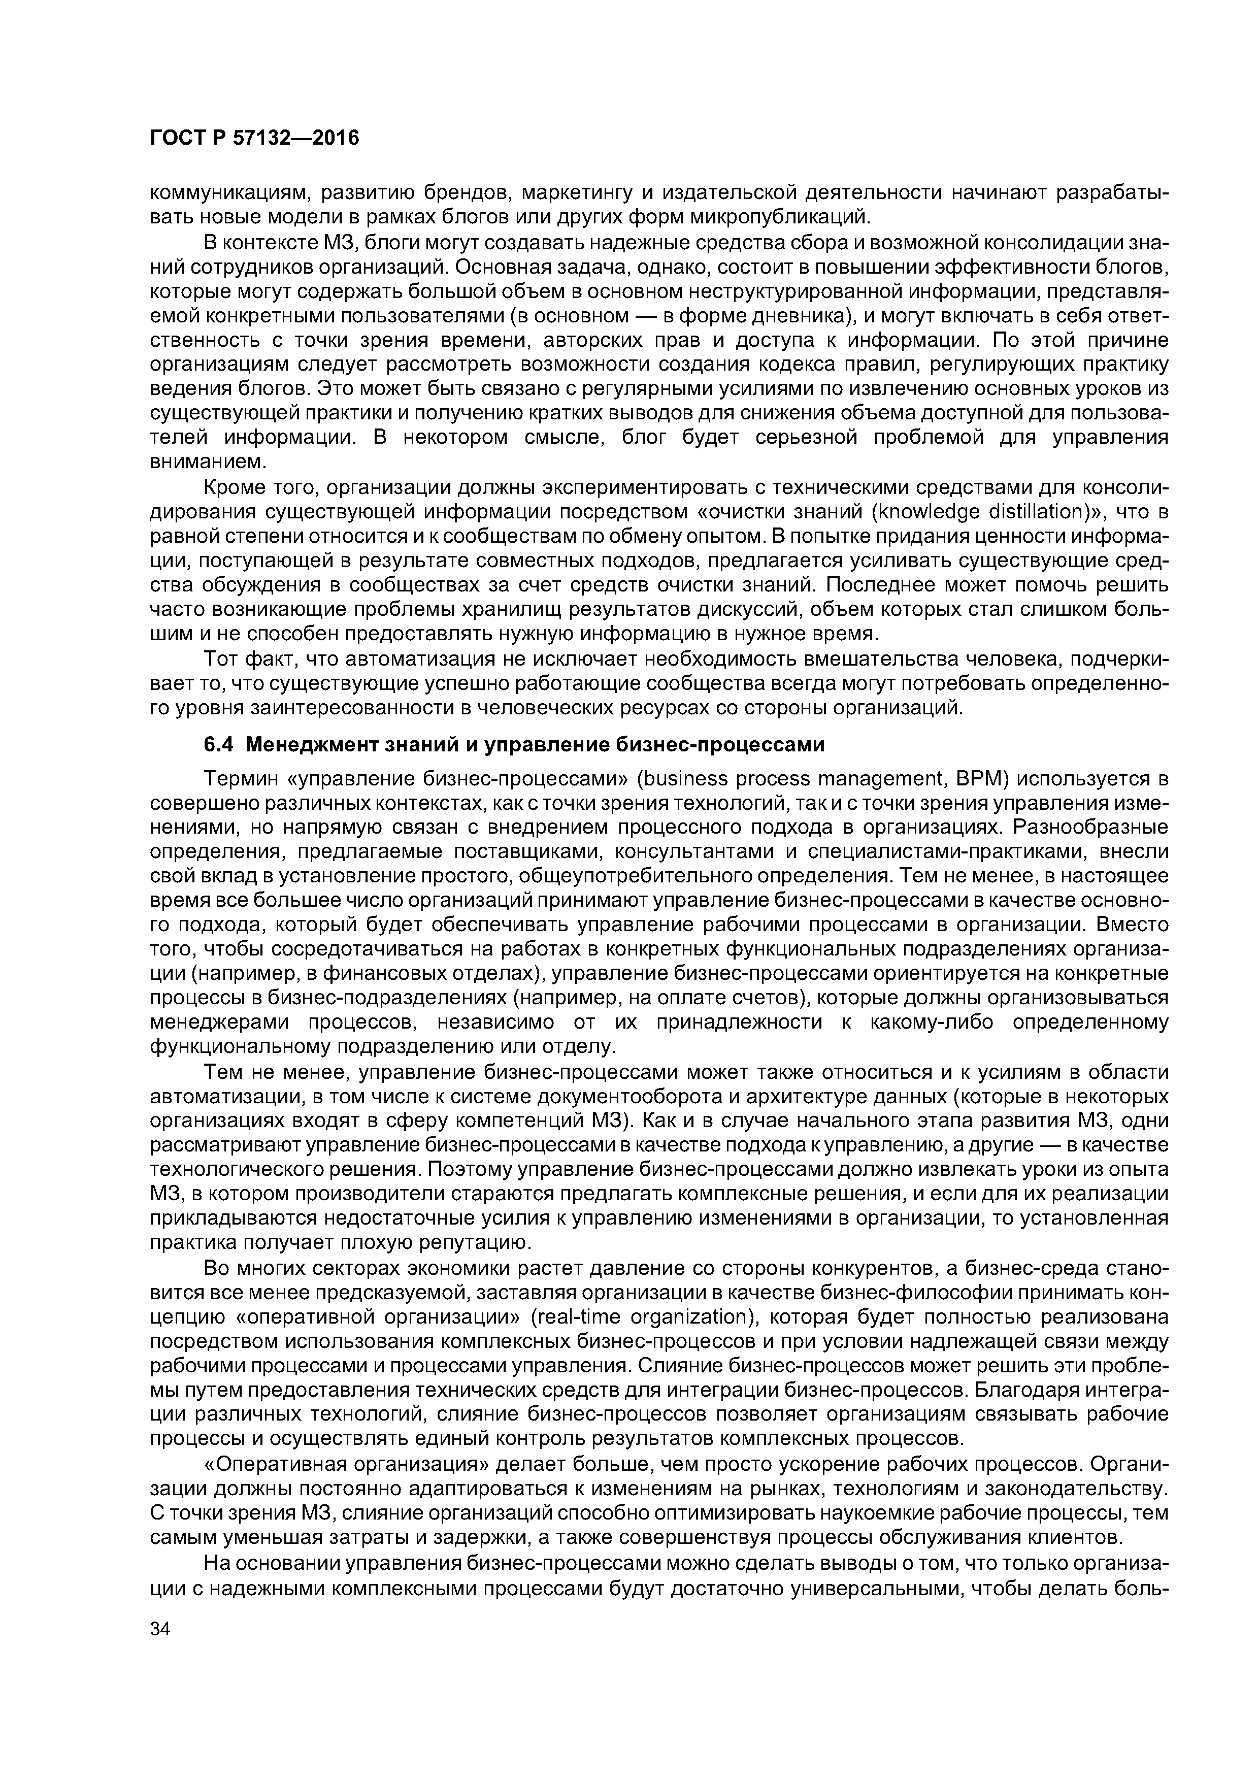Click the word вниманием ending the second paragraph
(x=206, y=463)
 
